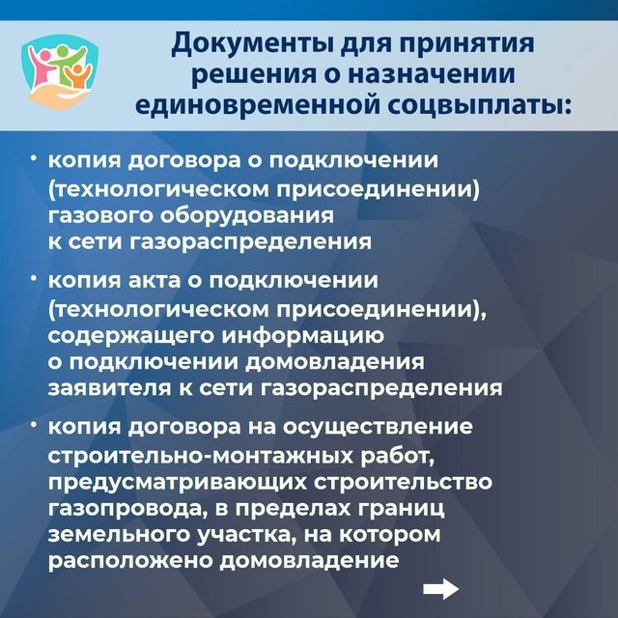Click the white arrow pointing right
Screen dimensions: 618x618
click(441, 589)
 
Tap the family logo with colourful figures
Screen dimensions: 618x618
click(60, 71)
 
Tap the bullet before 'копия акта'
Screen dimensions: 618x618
click(35, 278)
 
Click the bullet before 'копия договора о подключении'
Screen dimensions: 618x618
click(35, 158)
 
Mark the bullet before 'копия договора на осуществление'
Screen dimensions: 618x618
click(35, 425)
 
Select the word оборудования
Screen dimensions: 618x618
click(247, 216)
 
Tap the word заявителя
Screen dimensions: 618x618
click(109, 388)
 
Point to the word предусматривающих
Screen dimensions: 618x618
click(178, 483)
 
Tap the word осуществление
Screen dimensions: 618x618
click(378, 428)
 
